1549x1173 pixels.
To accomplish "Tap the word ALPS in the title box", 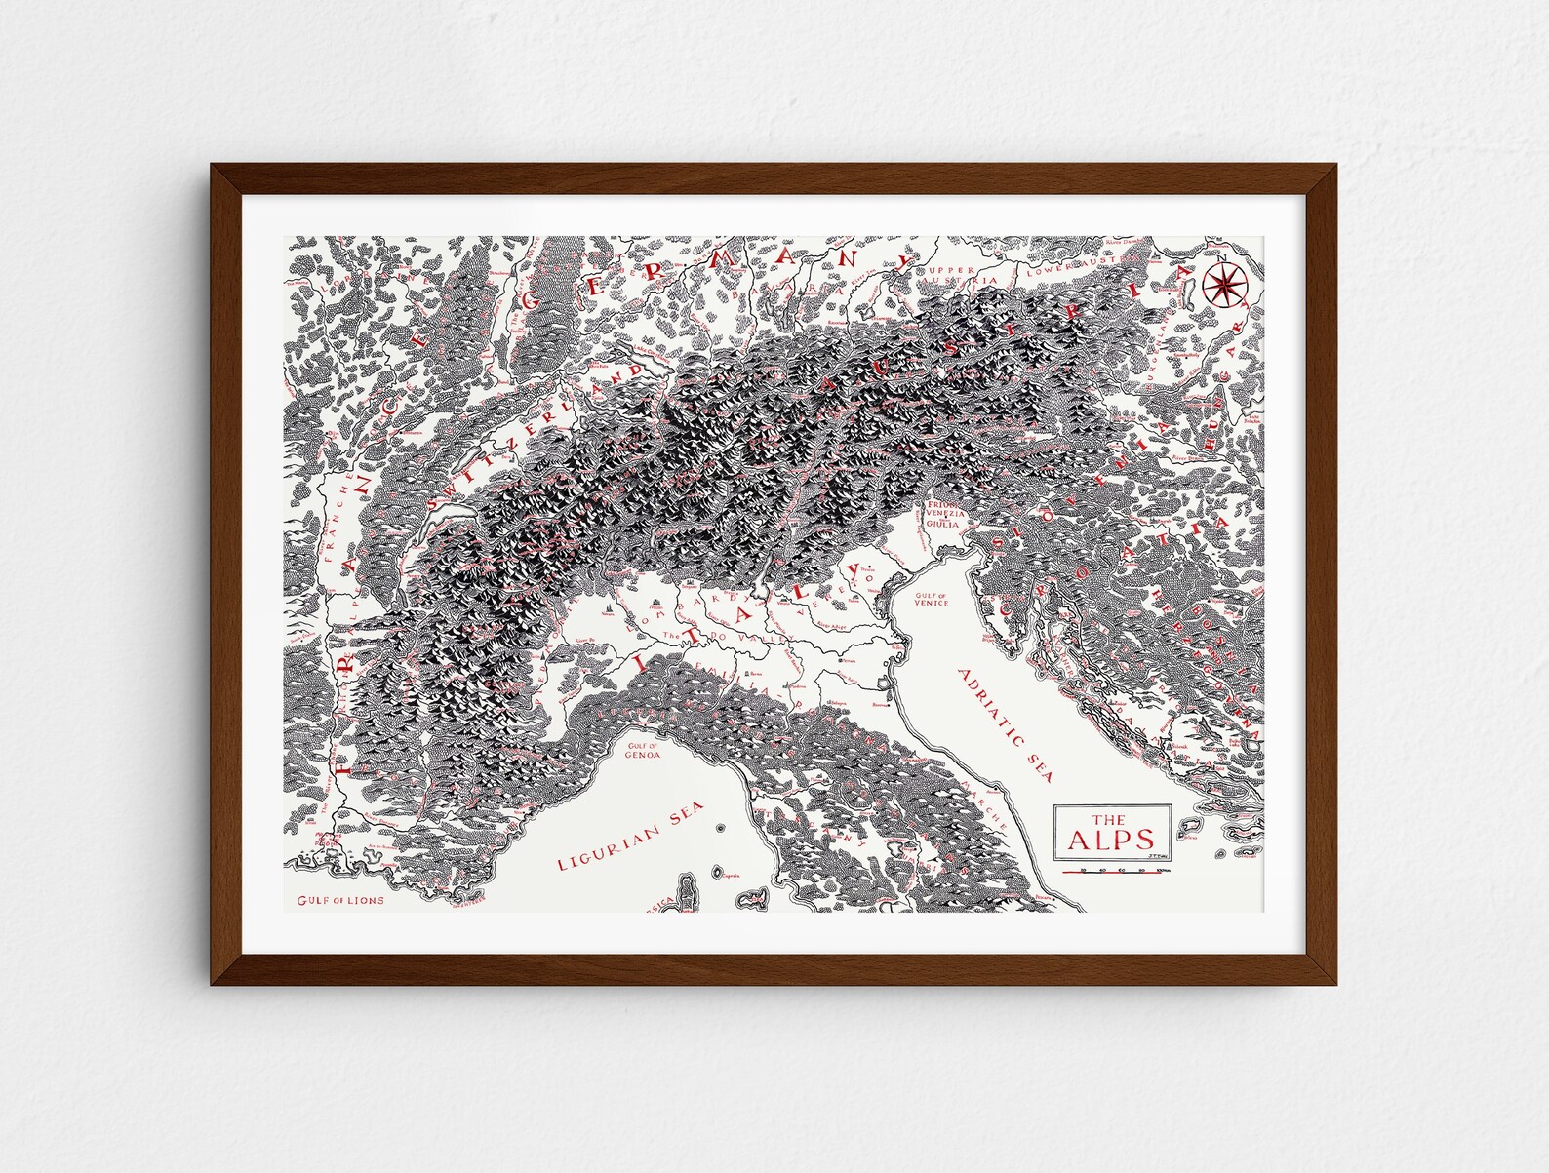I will [1112, 840].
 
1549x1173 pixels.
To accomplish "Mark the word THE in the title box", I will [1108, 818].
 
